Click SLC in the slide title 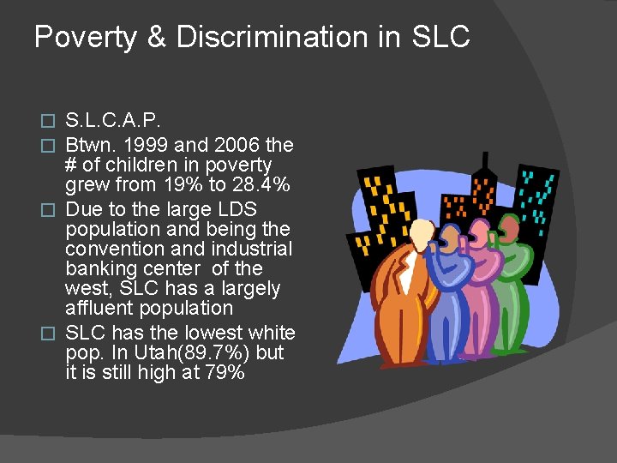click(x=440, y=37)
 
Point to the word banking click(x=99, y=268)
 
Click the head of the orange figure click(x=421, y=233)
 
